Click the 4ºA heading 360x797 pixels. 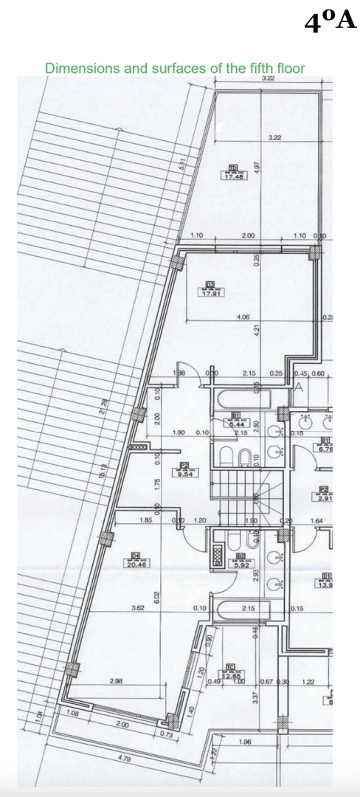point(330,22)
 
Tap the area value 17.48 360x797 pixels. point(234,176)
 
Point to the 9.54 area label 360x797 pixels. point(185,474)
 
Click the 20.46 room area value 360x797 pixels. point(136,564)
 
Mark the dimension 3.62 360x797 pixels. point(137,608)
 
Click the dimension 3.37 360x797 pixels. point(256,694)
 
